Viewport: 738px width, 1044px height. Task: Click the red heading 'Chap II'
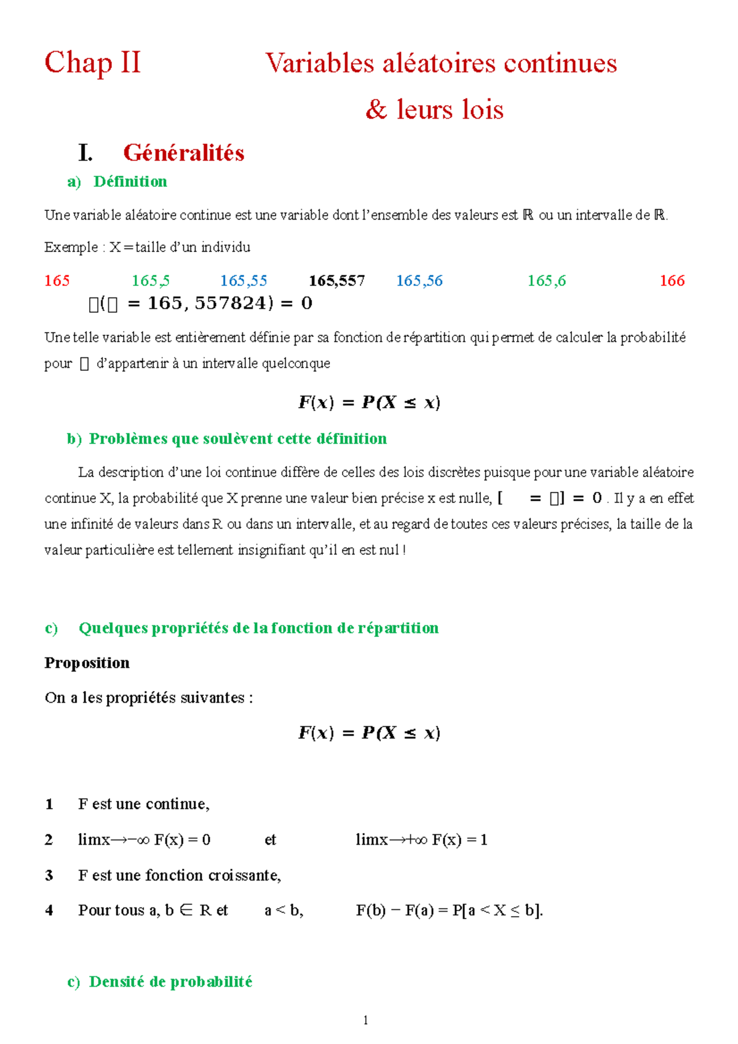[92, 63]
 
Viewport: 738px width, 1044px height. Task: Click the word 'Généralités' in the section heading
[183, 152]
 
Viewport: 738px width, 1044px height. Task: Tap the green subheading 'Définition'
[130, 181]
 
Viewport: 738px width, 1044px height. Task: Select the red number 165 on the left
[57, 281]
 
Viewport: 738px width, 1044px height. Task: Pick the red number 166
[672, 281]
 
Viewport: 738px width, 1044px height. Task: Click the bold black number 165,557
[336, 281]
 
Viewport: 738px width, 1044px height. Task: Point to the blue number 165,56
[419, 281]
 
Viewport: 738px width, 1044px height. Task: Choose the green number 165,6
[546, 281]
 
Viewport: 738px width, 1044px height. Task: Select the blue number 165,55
[244, 281]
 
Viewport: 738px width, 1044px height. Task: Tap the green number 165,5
[150, 281]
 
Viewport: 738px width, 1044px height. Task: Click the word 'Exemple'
[71, 247]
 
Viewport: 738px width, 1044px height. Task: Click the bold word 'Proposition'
[87, 663]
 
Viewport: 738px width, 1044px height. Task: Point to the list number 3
[49, 876]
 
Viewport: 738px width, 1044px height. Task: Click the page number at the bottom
[366, 1021]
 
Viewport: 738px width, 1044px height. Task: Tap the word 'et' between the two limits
[270, 840]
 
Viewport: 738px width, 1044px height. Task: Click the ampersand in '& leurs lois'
[376, 109]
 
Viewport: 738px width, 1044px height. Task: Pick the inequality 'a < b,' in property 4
[284, 911]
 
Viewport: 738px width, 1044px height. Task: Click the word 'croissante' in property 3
[244, 876]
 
